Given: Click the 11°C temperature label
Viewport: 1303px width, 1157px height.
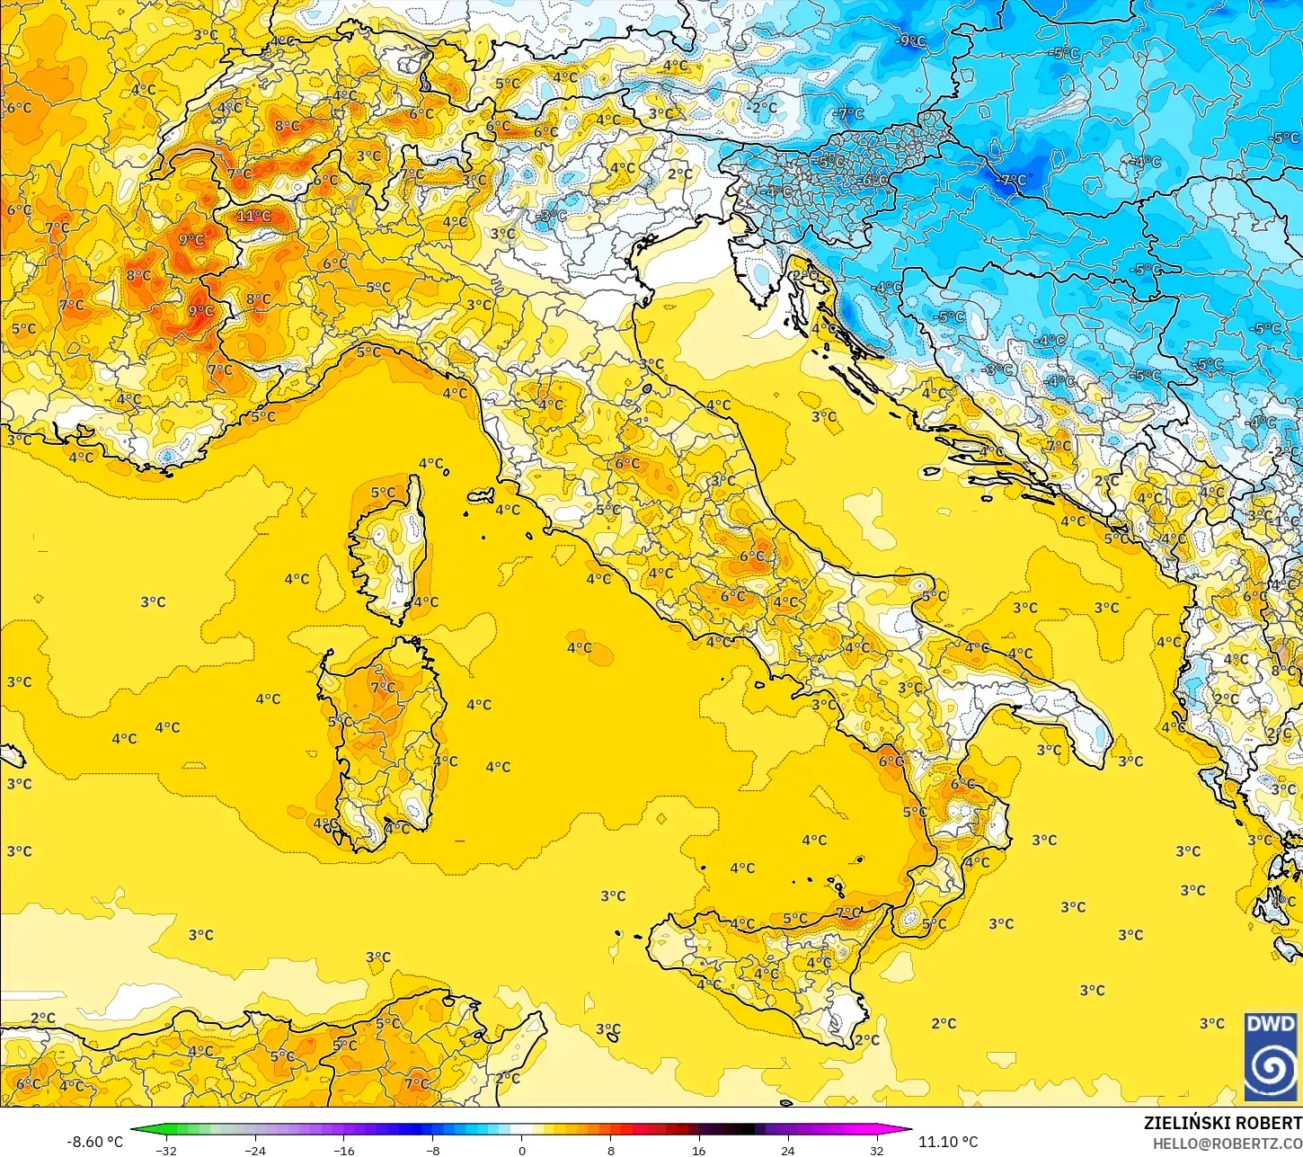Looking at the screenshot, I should (x=253, y=216).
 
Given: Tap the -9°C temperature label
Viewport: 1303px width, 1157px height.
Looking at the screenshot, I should (x=910, y=40).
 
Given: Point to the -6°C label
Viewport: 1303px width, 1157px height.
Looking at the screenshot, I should (x=873, y=180).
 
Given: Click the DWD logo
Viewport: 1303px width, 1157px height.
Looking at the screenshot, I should (x=1271, y=1056).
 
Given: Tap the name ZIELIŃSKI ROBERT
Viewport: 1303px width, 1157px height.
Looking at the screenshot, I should (x=1222, y=1123).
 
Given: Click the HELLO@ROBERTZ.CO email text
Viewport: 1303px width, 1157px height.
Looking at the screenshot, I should (x=1228, y=1144).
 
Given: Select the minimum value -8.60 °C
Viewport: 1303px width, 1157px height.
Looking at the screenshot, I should (x=94, y=1142).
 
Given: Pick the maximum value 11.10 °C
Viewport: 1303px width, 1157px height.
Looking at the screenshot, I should (x=948, y=1142).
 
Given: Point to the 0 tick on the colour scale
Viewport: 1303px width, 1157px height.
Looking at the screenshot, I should (x=521, y=1150).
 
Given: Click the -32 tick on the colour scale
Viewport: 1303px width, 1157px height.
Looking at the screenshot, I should (x=166, y=1150).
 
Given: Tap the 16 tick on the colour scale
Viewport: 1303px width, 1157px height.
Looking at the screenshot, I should (x=699, y=1150).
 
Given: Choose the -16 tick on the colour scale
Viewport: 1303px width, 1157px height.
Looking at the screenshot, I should (x=344, y=1150).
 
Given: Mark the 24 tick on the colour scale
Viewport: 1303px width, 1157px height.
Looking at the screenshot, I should (x=787, y=1150).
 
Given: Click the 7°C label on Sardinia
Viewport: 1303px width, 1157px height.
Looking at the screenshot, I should (x=383, y=688).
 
